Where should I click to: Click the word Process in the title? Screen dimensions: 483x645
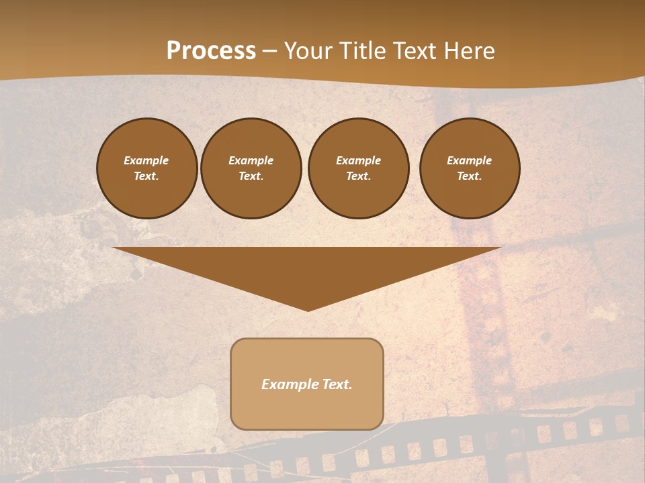(x=211, y=51)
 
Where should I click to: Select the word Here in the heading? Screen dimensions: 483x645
(x=469, y=51)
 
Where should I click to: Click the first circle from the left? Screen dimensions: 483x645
(x=146, y=168)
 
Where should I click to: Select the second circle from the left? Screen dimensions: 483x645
(x=251, y=168)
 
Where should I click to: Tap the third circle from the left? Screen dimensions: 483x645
(x=358, y=168)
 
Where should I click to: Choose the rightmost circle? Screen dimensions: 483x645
(x=469, y=168)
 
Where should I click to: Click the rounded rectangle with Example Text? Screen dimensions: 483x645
(x=306, y=384)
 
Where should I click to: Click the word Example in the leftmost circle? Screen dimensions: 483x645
(x=146, y=160)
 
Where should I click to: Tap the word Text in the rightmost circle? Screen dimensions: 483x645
(x=469, y=176)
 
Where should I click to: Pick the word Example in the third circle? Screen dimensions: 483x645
(x=358, y=160)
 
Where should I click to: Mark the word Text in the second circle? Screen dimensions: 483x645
(x=251, y=176)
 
